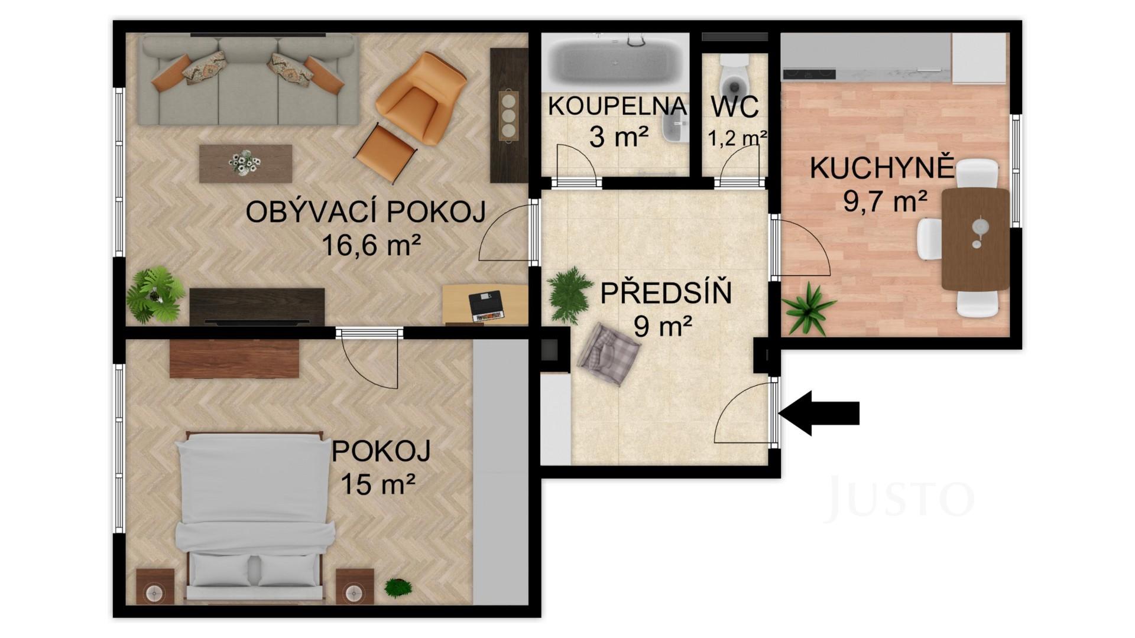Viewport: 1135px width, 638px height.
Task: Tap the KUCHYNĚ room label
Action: coord(881,168)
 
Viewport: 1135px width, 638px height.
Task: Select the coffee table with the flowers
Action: coord(245,163)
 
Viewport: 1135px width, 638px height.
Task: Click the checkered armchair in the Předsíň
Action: coord(609,354)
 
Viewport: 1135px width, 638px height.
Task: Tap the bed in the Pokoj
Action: coord(254,514)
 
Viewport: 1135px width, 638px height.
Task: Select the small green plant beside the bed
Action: coord(398,587)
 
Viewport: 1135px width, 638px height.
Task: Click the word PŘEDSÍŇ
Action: coord(666,294)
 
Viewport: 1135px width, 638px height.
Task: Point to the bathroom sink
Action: coord(674,128)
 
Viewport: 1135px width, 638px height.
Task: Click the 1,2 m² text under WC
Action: coord(737,138)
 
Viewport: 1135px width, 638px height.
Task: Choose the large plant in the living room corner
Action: coord(155,294)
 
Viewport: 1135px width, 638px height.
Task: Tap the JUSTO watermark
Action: coord(899,499)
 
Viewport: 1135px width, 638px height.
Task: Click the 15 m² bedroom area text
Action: coord(378,484)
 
